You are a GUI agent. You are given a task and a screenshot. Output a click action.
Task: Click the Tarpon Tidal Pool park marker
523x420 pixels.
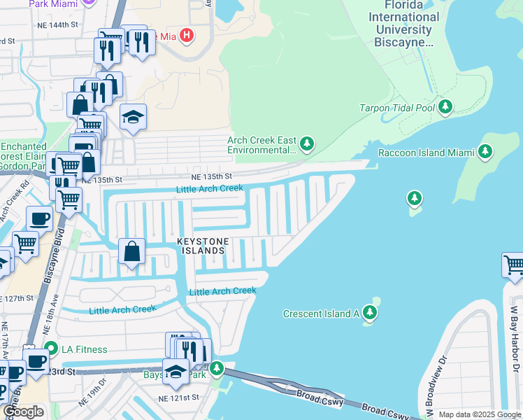pos(445,108)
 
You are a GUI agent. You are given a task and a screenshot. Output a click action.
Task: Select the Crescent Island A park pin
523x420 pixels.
pos(370,314)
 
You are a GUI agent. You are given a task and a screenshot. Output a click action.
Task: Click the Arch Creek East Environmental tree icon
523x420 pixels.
pos(306,144)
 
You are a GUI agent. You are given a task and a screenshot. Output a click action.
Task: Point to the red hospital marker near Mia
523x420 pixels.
pos(186,34)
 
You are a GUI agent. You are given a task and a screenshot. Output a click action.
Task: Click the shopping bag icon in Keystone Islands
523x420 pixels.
pos(131,251)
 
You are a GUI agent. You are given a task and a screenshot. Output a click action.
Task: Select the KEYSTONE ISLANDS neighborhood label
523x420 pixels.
pos(201,246)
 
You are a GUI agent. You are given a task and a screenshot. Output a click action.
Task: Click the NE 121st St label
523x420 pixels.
pos(180,398)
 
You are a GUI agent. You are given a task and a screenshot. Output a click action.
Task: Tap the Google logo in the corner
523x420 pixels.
pos(23,412)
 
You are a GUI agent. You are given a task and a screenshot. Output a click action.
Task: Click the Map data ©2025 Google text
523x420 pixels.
pos(480,414)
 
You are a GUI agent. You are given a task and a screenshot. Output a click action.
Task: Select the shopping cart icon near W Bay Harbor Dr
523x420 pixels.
pos(513,265)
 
